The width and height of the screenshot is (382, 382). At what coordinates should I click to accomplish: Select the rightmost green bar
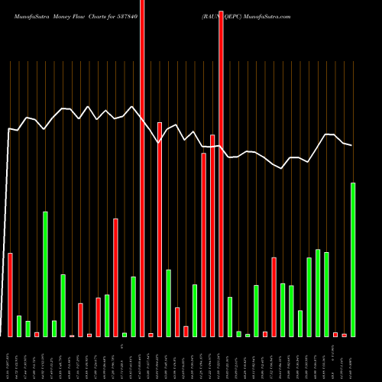(x=353, y=260)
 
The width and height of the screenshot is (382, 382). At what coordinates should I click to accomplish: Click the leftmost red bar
(x=10, y=294)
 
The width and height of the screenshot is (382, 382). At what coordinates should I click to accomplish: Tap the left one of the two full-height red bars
(x=142, y=168)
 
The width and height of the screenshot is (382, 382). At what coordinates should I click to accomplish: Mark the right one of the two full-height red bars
(x=222, y=168)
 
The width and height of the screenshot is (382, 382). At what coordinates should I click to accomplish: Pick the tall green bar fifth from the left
(x=45, y=274)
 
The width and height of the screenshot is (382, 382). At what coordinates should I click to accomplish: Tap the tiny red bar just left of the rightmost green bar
(x=344, y=335)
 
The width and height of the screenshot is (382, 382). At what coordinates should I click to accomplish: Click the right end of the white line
(x=352, y=145)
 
